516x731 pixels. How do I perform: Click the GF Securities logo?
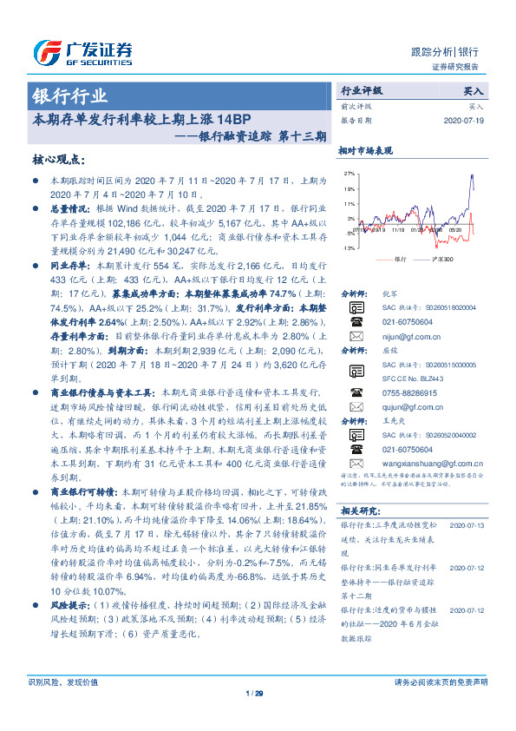click(x=82, y=53)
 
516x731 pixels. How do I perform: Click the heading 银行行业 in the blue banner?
click(x=70, y=96)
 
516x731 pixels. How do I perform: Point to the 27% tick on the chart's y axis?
click(x=349, y=174)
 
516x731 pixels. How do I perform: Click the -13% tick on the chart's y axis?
click(x=349, y=248)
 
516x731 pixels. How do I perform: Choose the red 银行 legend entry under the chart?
click(x=393, y=260)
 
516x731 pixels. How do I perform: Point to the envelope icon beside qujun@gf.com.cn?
click(x=356, y=406)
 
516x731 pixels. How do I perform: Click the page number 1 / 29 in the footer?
click(x=254, y=693)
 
